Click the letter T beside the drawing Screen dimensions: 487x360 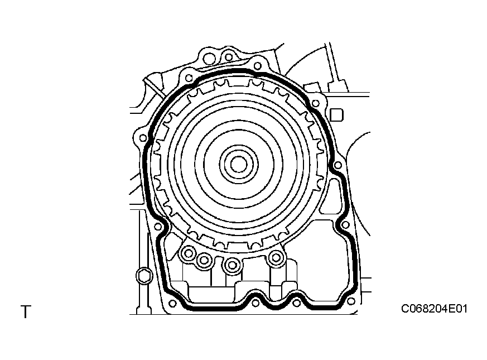pyautogui.click(x=26, y=312)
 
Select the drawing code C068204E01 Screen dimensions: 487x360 pyautogui.click(x=434, y=309)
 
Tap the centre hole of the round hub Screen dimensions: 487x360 pyautogui.click(x=239, y=164)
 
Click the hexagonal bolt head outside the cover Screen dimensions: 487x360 pyautogui.click(x=144, y=276)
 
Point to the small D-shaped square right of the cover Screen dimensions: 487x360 pyautogui.click(x=336, y=115)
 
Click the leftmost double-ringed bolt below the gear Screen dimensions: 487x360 pyautogui.click(x=188, y=253)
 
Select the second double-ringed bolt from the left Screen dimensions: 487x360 pyautogui.click(x=204, y=260)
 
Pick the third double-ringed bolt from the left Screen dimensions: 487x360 pyautogui.click(x=232, y=265)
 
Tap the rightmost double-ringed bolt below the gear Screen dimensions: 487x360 pyautogui.click(x=275, y=257)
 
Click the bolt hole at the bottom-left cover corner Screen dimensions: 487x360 pyautogui.click(x=172, y=304)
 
